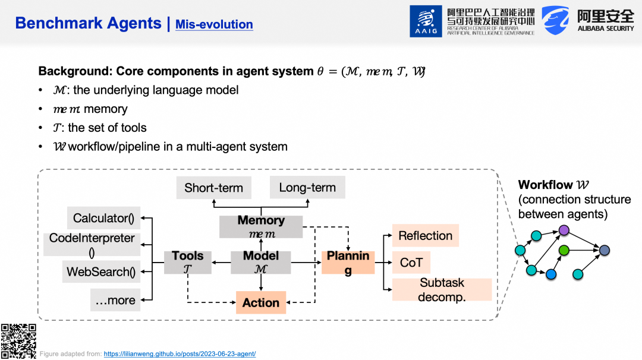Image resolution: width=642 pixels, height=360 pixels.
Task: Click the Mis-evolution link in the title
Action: pyautogui.click(x=214, y=24)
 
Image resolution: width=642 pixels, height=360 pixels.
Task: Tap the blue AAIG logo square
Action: pyautogui.click(x=426, y=21)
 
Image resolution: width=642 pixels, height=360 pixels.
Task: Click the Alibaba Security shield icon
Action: pyautogui.click(x=555, y=20)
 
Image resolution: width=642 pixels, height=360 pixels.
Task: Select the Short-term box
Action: pyautogui.click(x=214, y=188)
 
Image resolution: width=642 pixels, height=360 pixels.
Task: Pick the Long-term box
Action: pyautogui.click(x=307, y=187)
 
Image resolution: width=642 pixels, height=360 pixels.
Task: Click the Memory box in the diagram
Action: pyautogui.click(x=261, y=227)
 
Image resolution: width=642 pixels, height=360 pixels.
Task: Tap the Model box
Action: pyautogui.click(x=261, y=262)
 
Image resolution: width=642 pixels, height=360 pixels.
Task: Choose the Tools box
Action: pyautogui.click(x=187, y=262)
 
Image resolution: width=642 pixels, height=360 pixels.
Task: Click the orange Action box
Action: pyautogui.click(x=261, y=302)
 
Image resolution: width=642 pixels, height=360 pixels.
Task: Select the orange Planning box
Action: pyautogui.click(x=348, y=262)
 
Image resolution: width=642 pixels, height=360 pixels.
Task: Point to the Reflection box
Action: pyautogui.click(x=426, y=236)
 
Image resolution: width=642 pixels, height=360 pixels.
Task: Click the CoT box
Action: pyautogui.click(x=411, y=262)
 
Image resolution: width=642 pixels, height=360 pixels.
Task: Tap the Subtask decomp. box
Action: pyautogui.click(x=442, y=290)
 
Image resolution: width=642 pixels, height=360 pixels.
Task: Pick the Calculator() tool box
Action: pyautogui.click(x=103, y=218)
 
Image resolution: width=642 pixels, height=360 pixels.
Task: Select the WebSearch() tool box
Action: pyautogui.click(x=101, y=271)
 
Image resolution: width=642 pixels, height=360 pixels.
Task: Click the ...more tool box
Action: pyautogui.click(x=115, y=300)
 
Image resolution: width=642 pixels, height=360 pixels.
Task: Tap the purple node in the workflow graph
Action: pyautogui.click(x=564, y=230)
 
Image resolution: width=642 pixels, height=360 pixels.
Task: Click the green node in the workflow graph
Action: pyautogui.click(x=564, y=250)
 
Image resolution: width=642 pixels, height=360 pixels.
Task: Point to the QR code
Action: pyautogui.click(x=18, y=341)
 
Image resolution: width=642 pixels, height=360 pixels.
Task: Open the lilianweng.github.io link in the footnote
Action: pyautogui.click(x=180, y=354)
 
